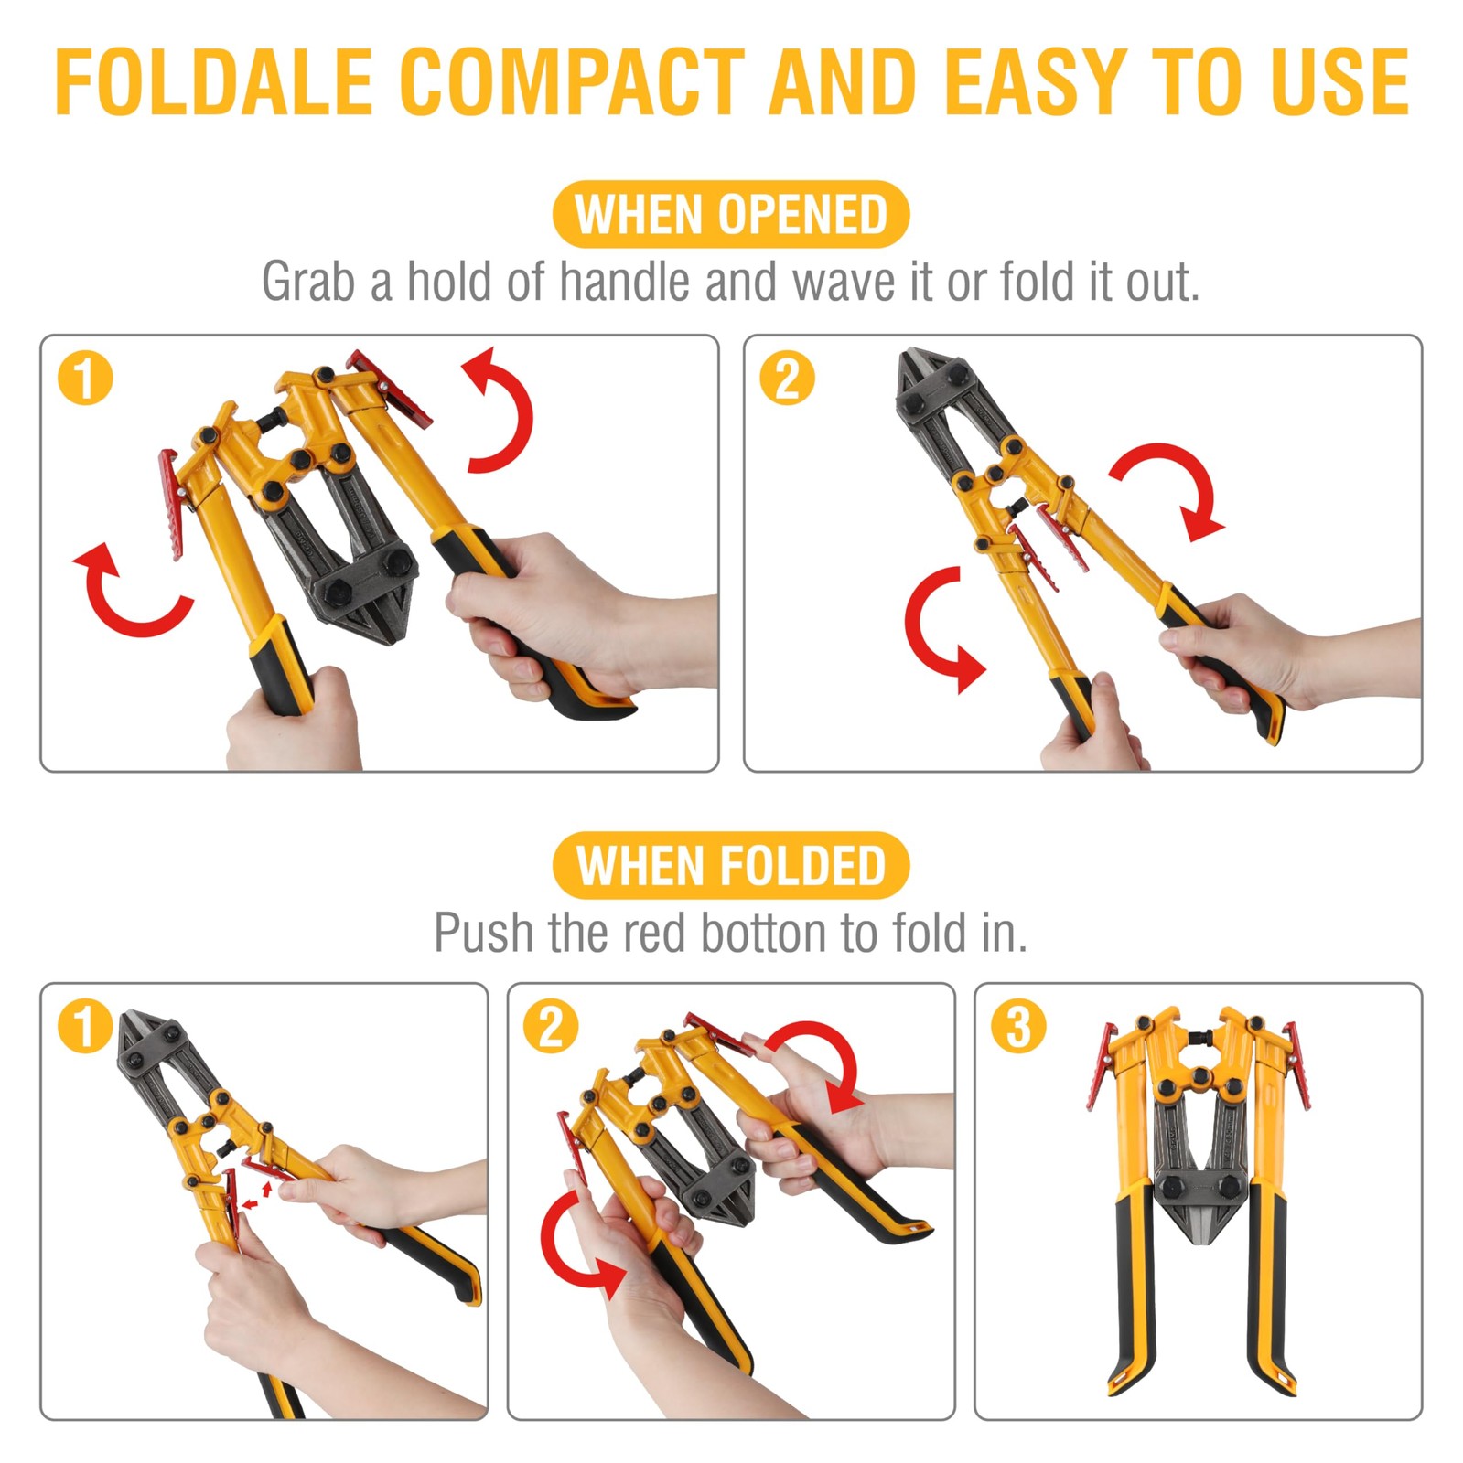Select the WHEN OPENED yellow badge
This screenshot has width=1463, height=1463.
tap(730, 215)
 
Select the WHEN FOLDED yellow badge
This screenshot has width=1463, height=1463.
tap(730, 866)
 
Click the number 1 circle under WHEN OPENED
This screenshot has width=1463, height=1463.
tap(85, 379)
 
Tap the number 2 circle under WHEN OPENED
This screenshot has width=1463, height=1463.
tap(787, 379)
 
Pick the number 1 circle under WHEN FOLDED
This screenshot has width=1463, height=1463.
tap(85, 1026)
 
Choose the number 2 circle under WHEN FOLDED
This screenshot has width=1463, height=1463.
tap(551, 1026)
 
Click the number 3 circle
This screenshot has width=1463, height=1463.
tap(1018, 1026)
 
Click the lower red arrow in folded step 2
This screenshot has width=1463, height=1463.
tap(572, 1248)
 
